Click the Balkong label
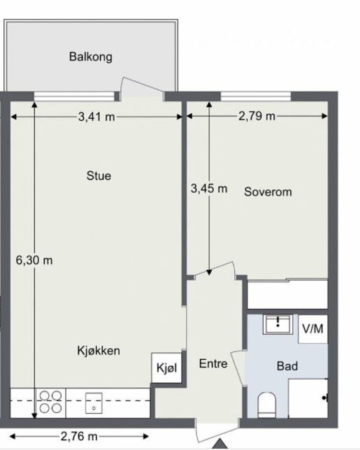[x=90, y=57]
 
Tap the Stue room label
[x=98, y=176]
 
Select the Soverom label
[x=268, y=191]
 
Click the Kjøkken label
[x=99, y=351]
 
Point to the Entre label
[x=213, y=364]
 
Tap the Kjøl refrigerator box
[x=166, y=368]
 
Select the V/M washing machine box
[x=312, y=329]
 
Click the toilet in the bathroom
[x=267, y=405]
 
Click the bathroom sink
[x=278, y=324]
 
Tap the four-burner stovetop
[x=50, y=402]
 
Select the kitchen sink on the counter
[x=94, y=403]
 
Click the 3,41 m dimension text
[x=96, y=117]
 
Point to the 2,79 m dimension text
[x=257, y=116]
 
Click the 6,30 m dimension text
[x=34, y=260]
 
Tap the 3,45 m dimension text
[x=209, y=188]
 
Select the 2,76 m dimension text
[x=78, y=437]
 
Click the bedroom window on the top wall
[x=255, y=96]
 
